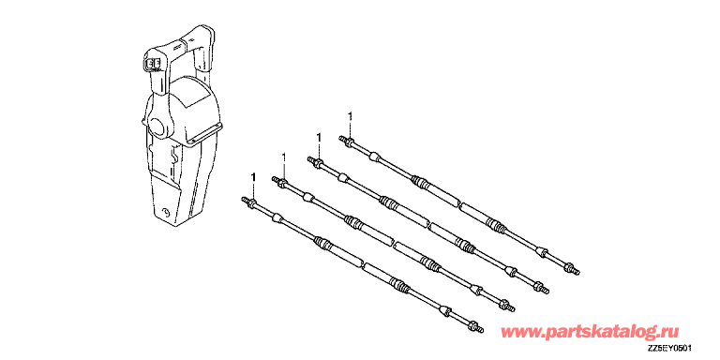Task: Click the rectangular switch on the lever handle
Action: (x=154, y=64)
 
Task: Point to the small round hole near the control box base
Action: (x=163, y=212)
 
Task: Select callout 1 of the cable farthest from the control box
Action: (x=351, y=116)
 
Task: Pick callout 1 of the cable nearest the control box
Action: (x=253, y=177)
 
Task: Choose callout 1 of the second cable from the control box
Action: (x=284, y=157)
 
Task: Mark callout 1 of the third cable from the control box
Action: (x=318, y=137)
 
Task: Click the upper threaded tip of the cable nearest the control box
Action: (x=243, y=199)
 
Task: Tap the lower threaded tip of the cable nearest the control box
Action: (x=481, y=329)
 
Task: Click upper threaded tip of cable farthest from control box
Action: (x=340, y=137)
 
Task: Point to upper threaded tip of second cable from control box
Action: (x=274, y=178)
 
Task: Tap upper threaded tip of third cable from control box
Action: (x=308, y=158)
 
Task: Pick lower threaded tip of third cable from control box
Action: (x=547, y=292)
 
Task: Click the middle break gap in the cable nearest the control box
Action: (x=362, y=264)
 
